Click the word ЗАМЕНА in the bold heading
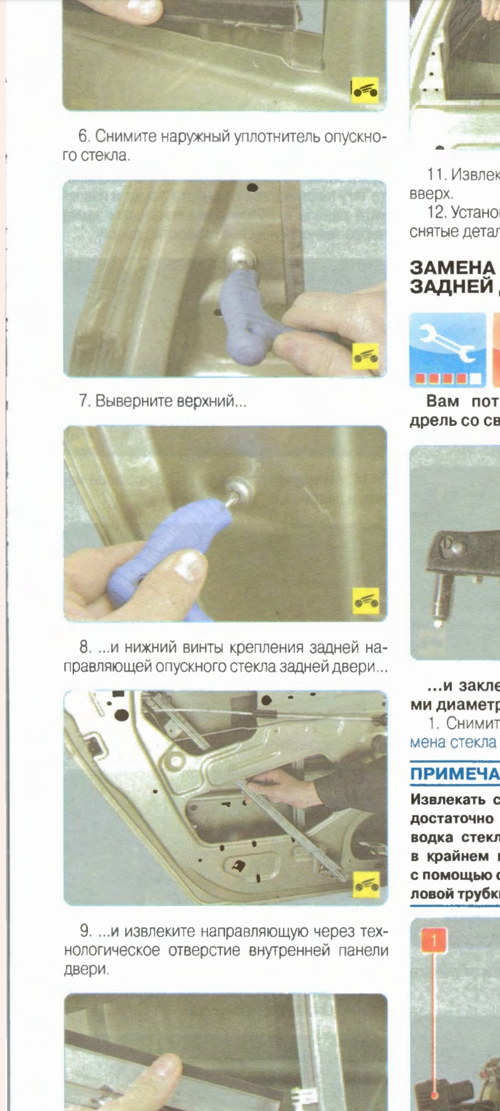pos(452,268)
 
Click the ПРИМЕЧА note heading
pos(455,774)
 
